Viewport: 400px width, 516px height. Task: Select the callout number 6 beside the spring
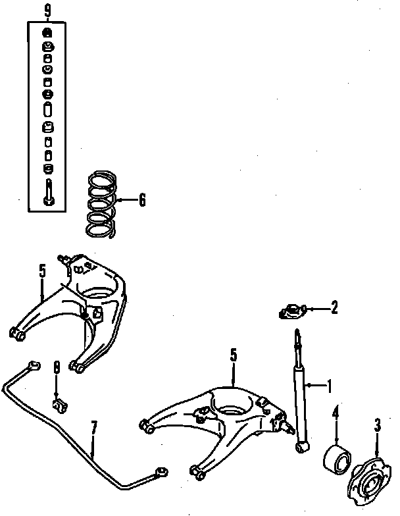[141, 201]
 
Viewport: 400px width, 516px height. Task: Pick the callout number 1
[329, 386]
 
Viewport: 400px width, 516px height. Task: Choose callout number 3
[377, 425]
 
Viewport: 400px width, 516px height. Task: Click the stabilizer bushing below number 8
[58, 401]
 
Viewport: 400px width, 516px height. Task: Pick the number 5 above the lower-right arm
[233, 355]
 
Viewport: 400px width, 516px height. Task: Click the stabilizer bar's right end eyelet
[159, 470]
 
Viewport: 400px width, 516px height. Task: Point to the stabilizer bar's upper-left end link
[32, 366]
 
